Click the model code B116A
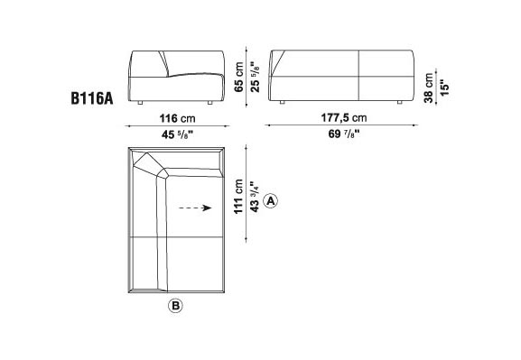tap(92, 98)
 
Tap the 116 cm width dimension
tap(178, 118)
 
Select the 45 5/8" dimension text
tap(178, 134)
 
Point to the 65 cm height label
tap(239, 77)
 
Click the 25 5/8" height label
tap(255, 77)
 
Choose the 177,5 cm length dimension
tap(344, 118)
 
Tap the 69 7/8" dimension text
tap(344, 134)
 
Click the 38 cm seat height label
tap(429, 88)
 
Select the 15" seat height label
tap(444, 88)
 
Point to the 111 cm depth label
tap(239, 197)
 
